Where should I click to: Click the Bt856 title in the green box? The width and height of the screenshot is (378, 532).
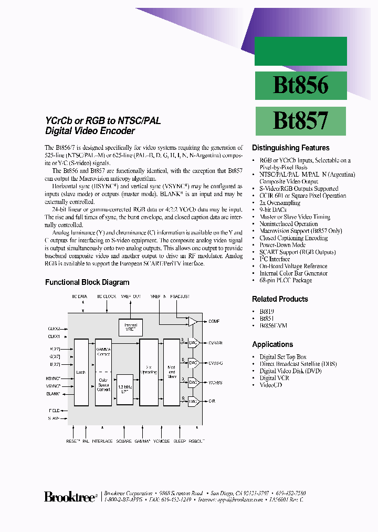point(300,85)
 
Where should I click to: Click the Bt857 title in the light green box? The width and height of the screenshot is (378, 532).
point(300,120)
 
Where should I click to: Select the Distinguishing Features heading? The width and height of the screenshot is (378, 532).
point(290,148)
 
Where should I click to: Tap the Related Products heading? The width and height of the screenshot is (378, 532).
point(280,299)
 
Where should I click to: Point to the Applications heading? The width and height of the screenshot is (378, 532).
point(272,344)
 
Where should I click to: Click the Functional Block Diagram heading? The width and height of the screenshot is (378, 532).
point(87,282)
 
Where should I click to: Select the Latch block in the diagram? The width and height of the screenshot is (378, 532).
point(81,373)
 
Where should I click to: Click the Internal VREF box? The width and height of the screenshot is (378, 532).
point(130,328)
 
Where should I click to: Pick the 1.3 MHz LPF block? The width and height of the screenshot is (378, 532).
point(124,389)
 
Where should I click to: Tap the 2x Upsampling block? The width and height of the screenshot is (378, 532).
point(149,373)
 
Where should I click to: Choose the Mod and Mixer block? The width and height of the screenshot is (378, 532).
point(171,373)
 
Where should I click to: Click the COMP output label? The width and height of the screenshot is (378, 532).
point(214,321)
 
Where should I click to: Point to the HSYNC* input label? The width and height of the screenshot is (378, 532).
point(54,378)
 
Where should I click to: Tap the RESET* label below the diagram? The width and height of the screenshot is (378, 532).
point(72,441)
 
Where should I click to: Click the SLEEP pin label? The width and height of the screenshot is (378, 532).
point(180,441)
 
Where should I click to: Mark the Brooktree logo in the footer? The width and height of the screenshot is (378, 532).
point(70,497)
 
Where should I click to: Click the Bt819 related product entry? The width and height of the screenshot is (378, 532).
point(267,311)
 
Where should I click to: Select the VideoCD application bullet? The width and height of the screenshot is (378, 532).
point(271,385)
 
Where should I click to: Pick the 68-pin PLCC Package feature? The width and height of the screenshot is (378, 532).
point(286,280)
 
